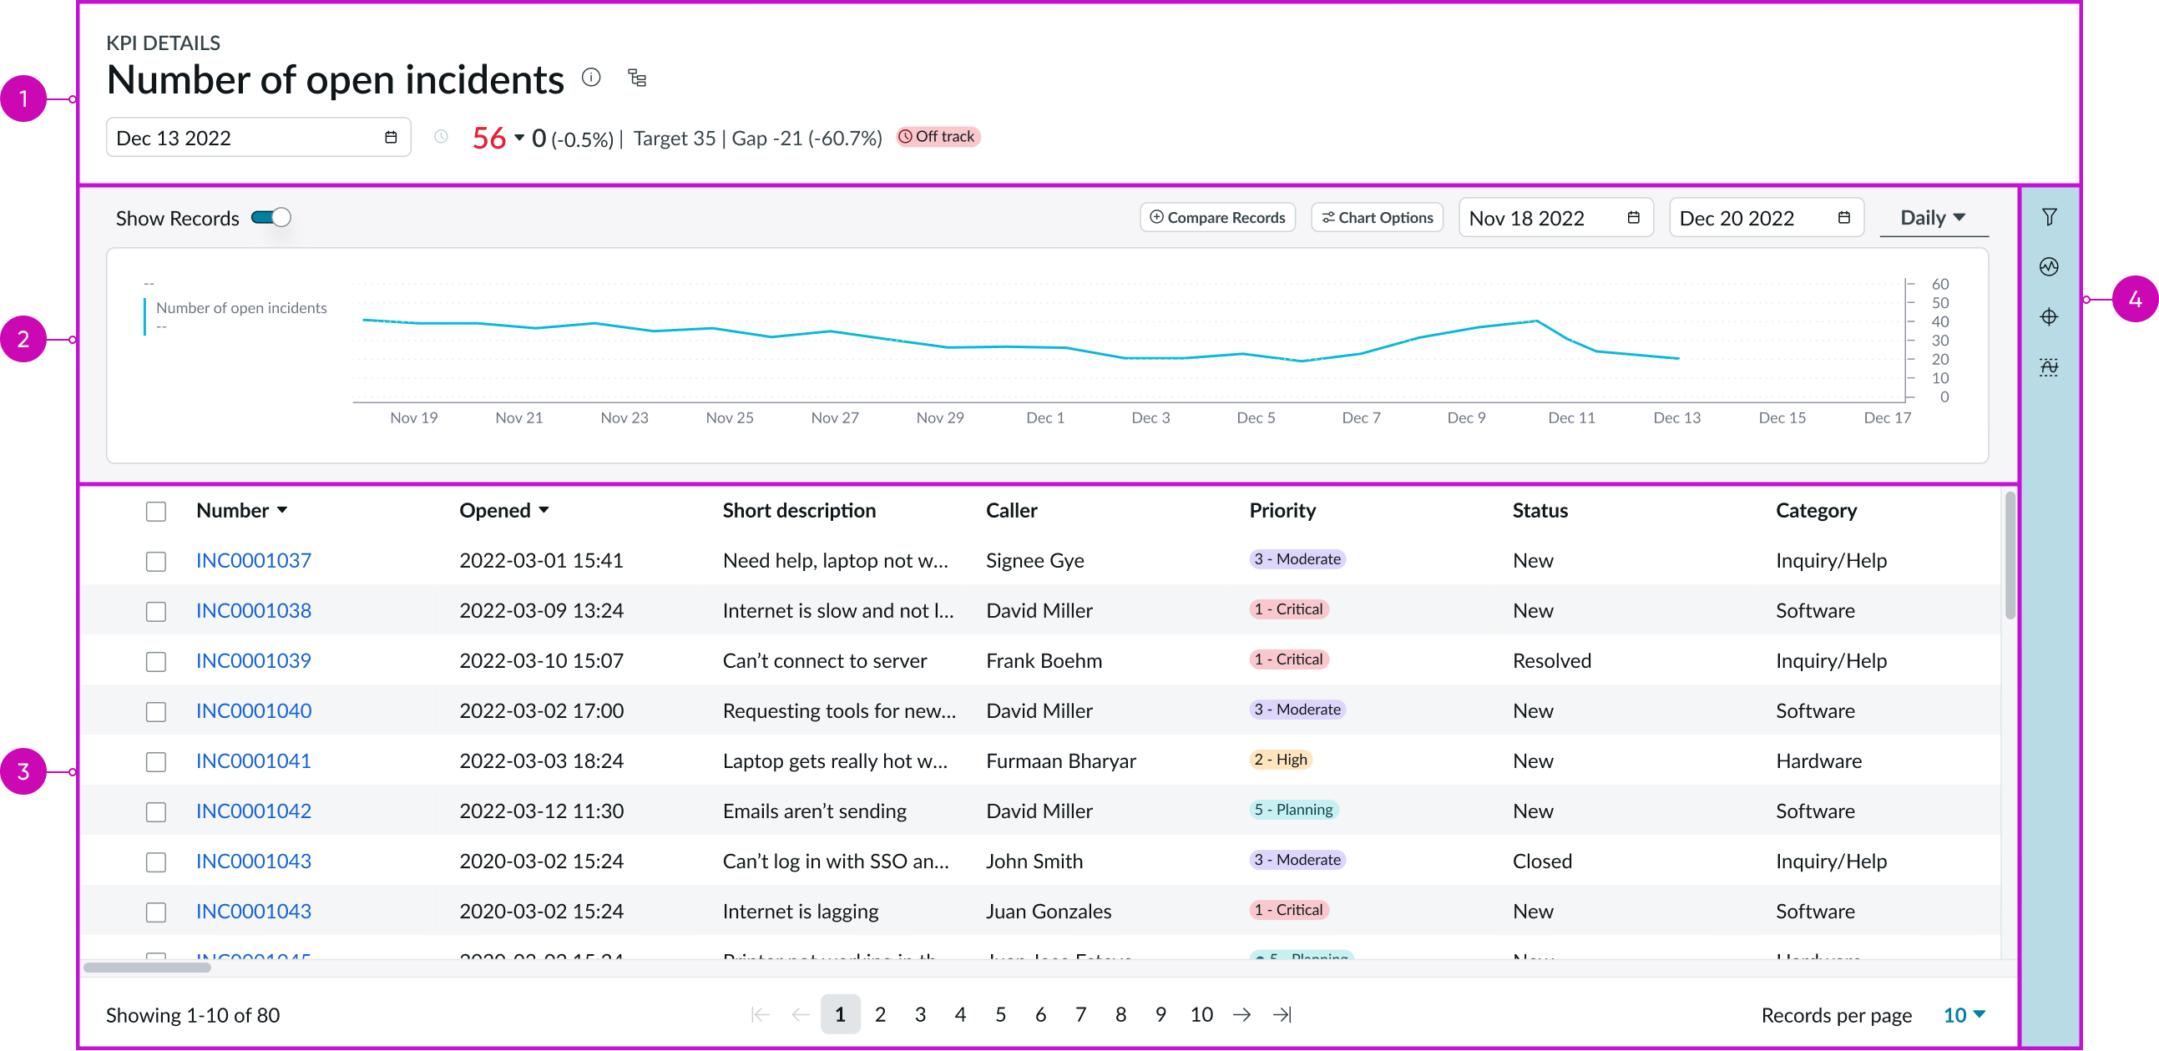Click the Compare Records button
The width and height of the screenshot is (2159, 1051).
[1217, 217]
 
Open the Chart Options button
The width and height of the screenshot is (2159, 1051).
[1376, 217]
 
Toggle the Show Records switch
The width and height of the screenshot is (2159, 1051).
[271, 218]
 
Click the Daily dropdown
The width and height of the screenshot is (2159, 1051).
[1932, 218]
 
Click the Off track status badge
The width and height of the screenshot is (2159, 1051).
[938, 137]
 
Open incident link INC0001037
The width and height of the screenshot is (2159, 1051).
[253, 560]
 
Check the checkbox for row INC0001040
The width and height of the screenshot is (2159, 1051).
[156, 711]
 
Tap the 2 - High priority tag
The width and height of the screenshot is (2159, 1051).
[1280, 760]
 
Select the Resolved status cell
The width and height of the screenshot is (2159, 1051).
[1550, 660]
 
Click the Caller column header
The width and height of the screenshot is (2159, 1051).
[1011, 510]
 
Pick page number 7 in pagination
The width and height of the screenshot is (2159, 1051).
[1080, 1014]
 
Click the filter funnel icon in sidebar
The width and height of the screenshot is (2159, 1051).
[2048, 217]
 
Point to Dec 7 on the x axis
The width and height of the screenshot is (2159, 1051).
[1360, 417]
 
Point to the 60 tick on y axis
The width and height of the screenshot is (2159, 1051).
[1939, 284]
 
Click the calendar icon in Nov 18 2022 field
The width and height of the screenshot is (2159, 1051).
[1633, 218]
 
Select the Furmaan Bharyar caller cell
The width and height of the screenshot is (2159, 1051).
[1060, 761]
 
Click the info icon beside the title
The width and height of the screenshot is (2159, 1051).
[591, 78]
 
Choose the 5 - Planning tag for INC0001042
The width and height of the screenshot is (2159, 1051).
[1293, 810]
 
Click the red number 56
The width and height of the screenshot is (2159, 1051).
[488, 138]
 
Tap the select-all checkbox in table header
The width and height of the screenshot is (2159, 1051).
[156, 511]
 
